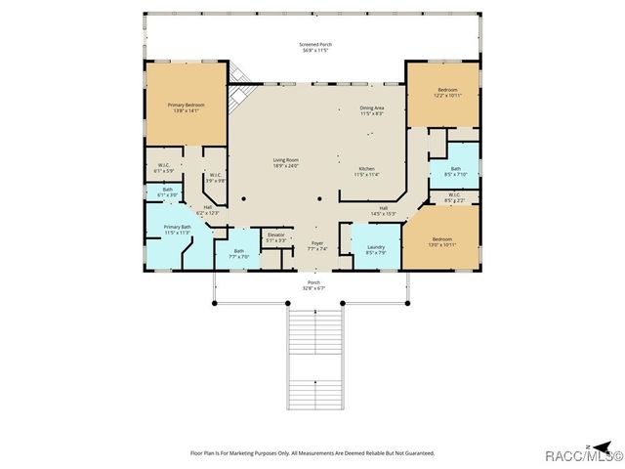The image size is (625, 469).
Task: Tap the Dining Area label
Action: pyautogui.click(x=372, y=110)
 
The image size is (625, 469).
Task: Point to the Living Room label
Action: pyautogui.click(x=285, y=163)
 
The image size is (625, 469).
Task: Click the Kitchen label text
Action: pyautogui.click(x=367, y=171)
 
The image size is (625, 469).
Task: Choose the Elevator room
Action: pyautogui.click(x=276, y=236)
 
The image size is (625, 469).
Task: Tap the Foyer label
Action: pyautogui.click(x=317, y=245)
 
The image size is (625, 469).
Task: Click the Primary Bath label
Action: pyautogui.click(x=177, y=231)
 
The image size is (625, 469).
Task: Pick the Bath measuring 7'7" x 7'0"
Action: pyautogui.click(x=238, y=253)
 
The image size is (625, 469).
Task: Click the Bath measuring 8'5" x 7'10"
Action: pyautogui.click(x=456, y=171)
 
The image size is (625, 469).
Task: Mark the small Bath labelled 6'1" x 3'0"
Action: pyautogui.click(x=167, y=192)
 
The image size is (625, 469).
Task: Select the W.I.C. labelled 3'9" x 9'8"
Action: pyautogui.click(x=216, y=178)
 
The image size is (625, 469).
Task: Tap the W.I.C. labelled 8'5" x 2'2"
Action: pyautogui.click(x=455, y=196)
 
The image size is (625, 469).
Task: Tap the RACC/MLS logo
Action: pyautogui.click(x=590, y=455)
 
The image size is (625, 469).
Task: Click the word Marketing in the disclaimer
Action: pyautogui.click(x=258, y=453)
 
